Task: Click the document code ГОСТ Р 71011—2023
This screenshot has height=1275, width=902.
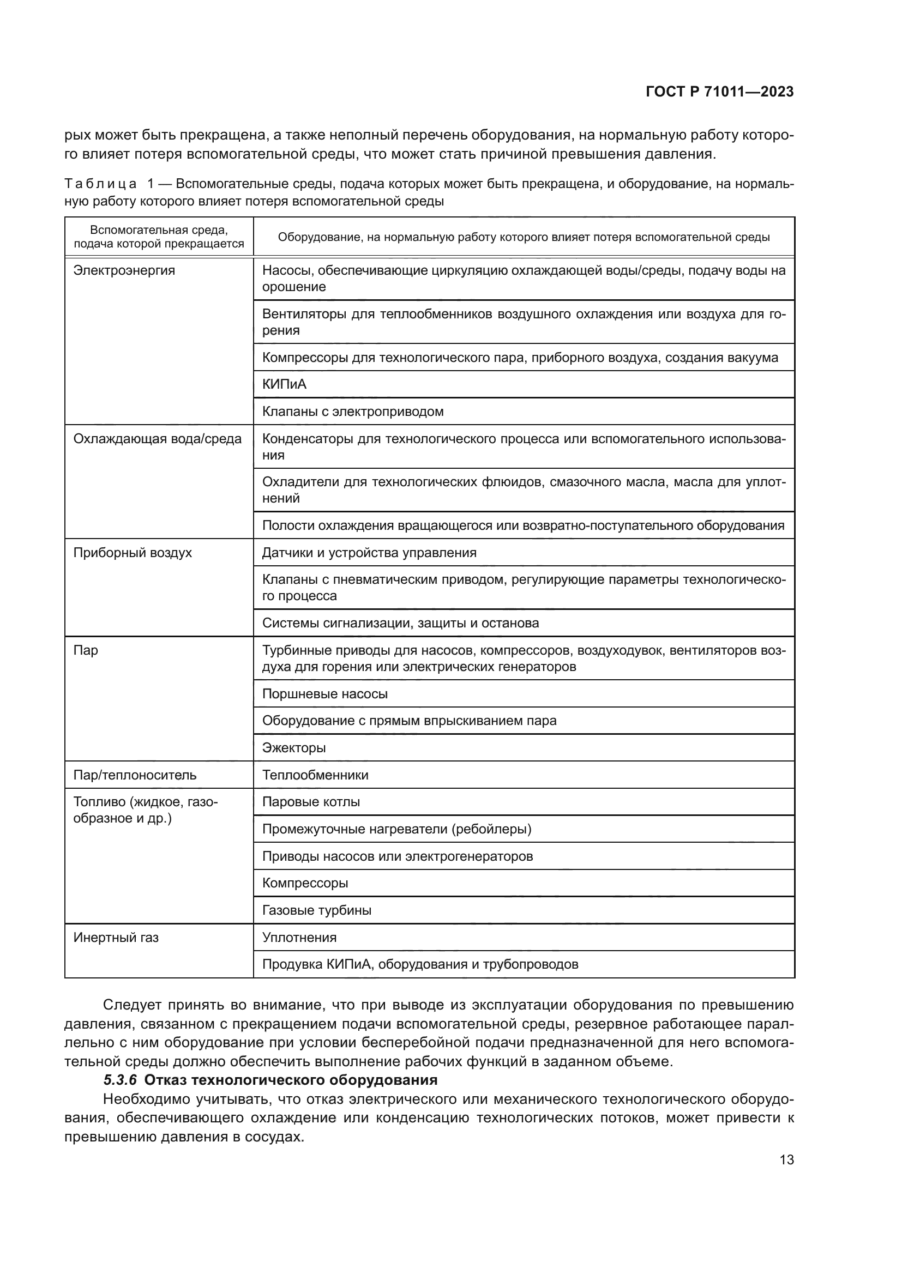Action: tap(719, 92)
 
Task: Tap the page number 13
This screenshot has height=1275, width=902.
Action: tap(786, 1159)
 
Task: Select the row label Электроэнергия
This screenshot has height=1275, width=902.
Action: tap(124, 270)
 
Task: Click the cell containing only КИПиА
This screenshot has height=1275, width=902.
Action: tap(284, 384)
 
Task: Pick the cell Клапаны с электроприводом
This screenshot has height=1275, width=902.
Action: tap(353, 412)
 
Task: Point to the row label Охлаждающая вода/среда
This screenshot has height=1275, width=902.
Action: tap(158, 439)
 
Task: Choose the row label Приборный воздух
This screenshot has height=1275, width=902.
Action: tap(133, 553)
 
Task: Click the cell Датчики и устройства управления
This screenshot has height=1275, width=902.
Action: tap(369, 553)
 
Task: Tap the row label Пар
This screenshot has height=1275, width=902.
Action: tap(86, 650)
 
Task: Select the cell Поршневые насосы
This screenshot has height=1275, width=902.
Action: tap(325, 693)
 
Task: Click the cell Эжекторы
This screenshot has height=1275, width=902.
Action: tap(294, 747)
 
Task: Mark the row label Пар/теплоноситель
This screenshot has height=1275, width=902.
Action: tap(135, 775)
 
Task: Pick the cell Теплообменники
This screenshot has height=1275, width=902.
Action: tap(315, 775)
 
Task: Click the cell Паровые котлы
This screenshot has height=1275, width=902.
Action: tap(311, 802)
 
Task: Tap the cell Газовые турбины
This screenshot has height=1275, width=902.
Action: tap(317, 910)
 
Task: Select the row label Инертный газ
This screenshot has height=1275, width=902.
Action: tap(116, 938)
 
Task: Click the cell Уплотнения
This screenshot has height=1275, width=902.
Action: tap(299, 938)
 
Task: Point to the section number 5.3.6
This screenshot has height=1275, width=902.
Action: tap(120, 1079)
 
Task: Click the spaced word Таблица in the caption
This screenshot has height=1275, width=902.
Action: tap(100, 184)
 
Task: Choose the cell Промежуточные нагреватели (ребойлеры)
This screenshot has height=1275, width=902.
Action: tap(396, 829)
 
